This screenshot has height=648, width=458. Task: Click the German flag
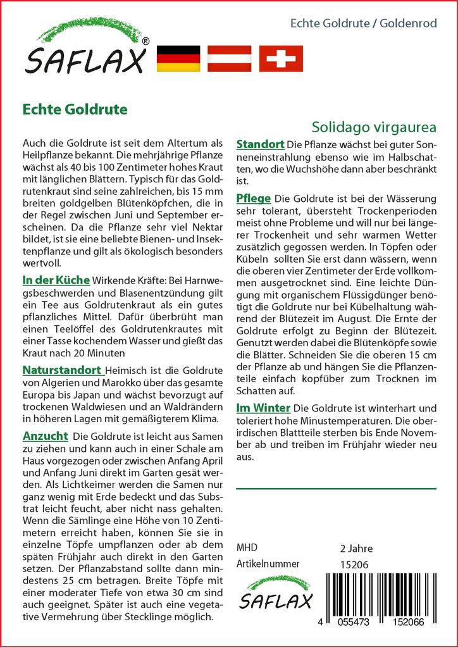[177, 59]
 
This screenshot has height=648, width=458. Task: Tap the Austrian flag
[230, 59]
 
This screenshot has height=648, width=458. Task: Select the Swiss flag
[281, 59]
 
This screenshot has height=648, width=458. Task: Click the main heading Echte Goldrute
[75, 109]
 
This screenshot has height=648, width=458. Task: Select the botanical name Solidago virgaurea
[374, 126]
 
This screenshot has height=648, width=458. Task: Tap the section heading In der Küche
[56, 279]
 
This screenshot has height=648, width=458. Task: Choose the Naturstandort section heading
[62, 370]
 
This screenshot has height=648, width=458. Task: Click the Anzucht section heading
[45, 436]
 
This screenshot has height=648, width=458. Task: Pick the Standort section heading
[260, 145]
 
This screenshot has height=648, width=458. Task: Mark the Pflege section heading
[253, 198]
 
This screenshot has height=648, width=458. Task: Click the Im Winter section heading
[263, 408]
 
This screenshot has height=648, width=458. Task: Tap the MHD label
[246, 548]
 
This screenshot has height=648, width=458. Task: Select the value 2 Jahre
[356, 549]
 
